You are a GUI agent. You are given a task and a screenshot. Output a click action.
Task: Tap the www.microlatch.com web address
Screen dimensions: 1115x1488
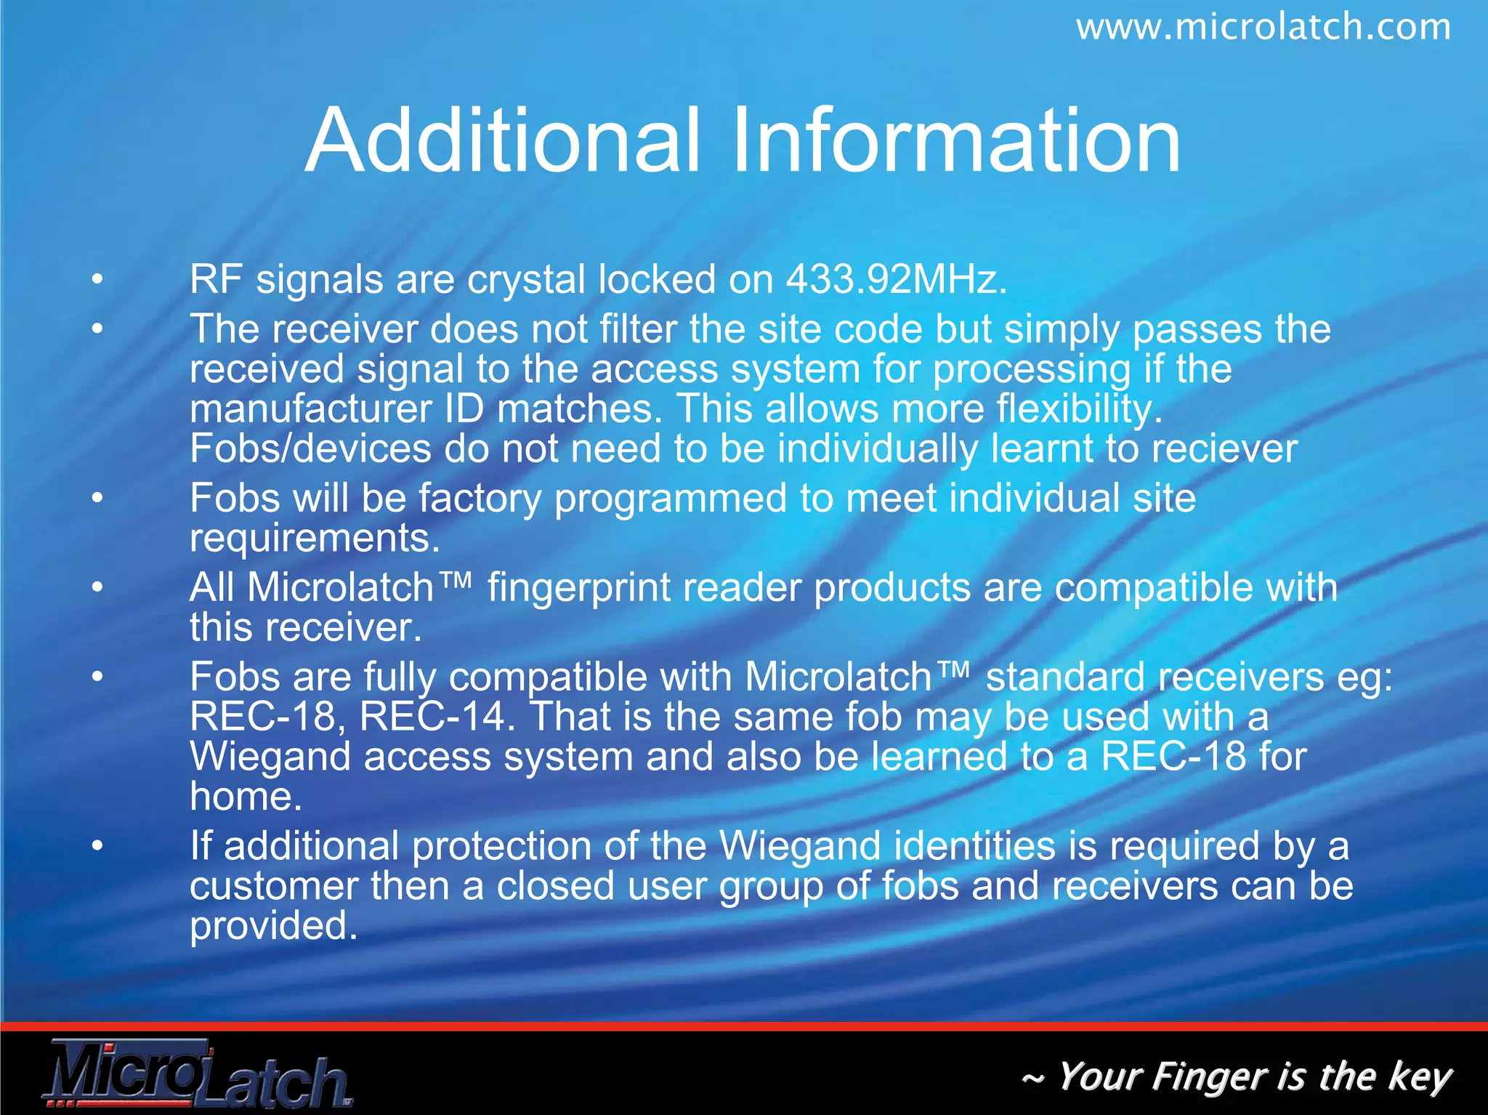click(1263, 28)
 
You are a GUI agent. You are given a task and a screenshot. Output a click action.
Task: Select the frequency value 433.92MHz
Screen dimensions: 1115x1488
click(897, 280)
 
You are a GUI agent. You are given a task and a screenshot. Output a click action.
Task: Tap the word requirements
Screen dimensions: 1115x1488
click(315, 539)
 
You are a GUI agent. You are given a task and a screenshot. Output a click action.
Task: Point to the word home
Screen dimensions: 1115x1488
click(246, 797)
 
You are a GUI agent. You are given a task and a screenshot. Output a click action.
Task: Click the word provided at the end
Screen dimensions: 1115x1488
click(274, 927)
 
